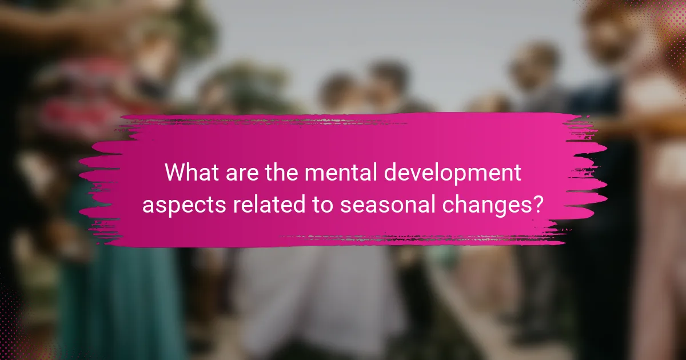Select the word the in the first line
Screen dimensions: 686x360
tap(281, 172)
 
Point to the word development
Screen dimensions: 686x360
tap(452, 174)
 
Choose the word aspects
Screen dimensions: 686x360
tap(184, 206)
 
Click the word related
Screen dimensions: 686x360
tap(269, 204)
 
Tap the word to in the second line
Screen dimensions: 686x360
tap(323, 205)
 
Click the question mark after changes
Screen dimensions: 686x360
tap(537, 204)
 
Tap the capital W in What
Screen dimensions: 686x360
tap(177, 173)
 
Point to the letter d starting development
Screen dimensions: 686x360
tap(391, 172)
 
